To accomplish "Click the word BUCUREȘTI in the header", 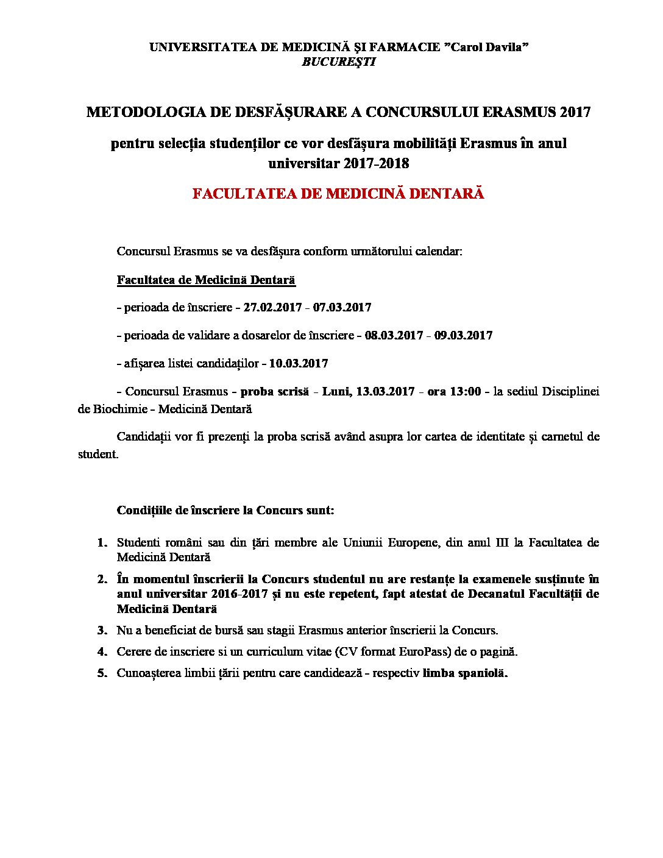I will (x=339, y=62).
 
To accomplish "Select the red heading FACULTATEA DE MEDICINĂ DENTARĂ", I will (x=338, y=194).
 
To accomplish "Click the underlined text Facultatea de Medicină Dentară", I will (x=206, y=280).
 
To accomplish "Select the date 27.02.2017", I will (x=272, y=308).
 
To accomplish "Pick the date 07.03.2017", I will (x=342, y=308).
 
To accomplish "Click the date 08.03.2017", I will (x=394, y=336).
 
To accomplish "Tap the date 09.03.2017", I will (x=463, y=336).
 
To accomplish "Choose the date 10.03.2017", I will (x=299, y=364).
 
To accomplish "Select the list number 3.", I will (x=102, y=631).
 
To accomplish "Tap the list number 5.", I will (x=102, y=673).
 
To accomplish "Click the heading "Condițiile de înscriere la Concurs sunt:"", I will (x=225, y=510).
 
